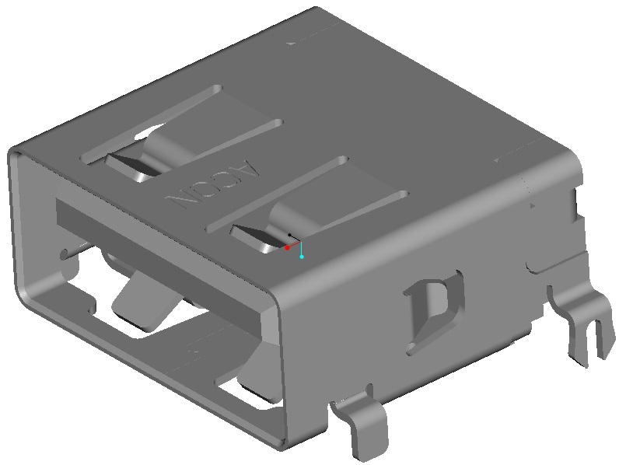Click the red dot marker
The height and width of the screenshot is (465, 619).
(x=287, y=248)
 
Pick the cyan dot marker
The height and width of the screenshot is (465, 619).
(x=302, y=256)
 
